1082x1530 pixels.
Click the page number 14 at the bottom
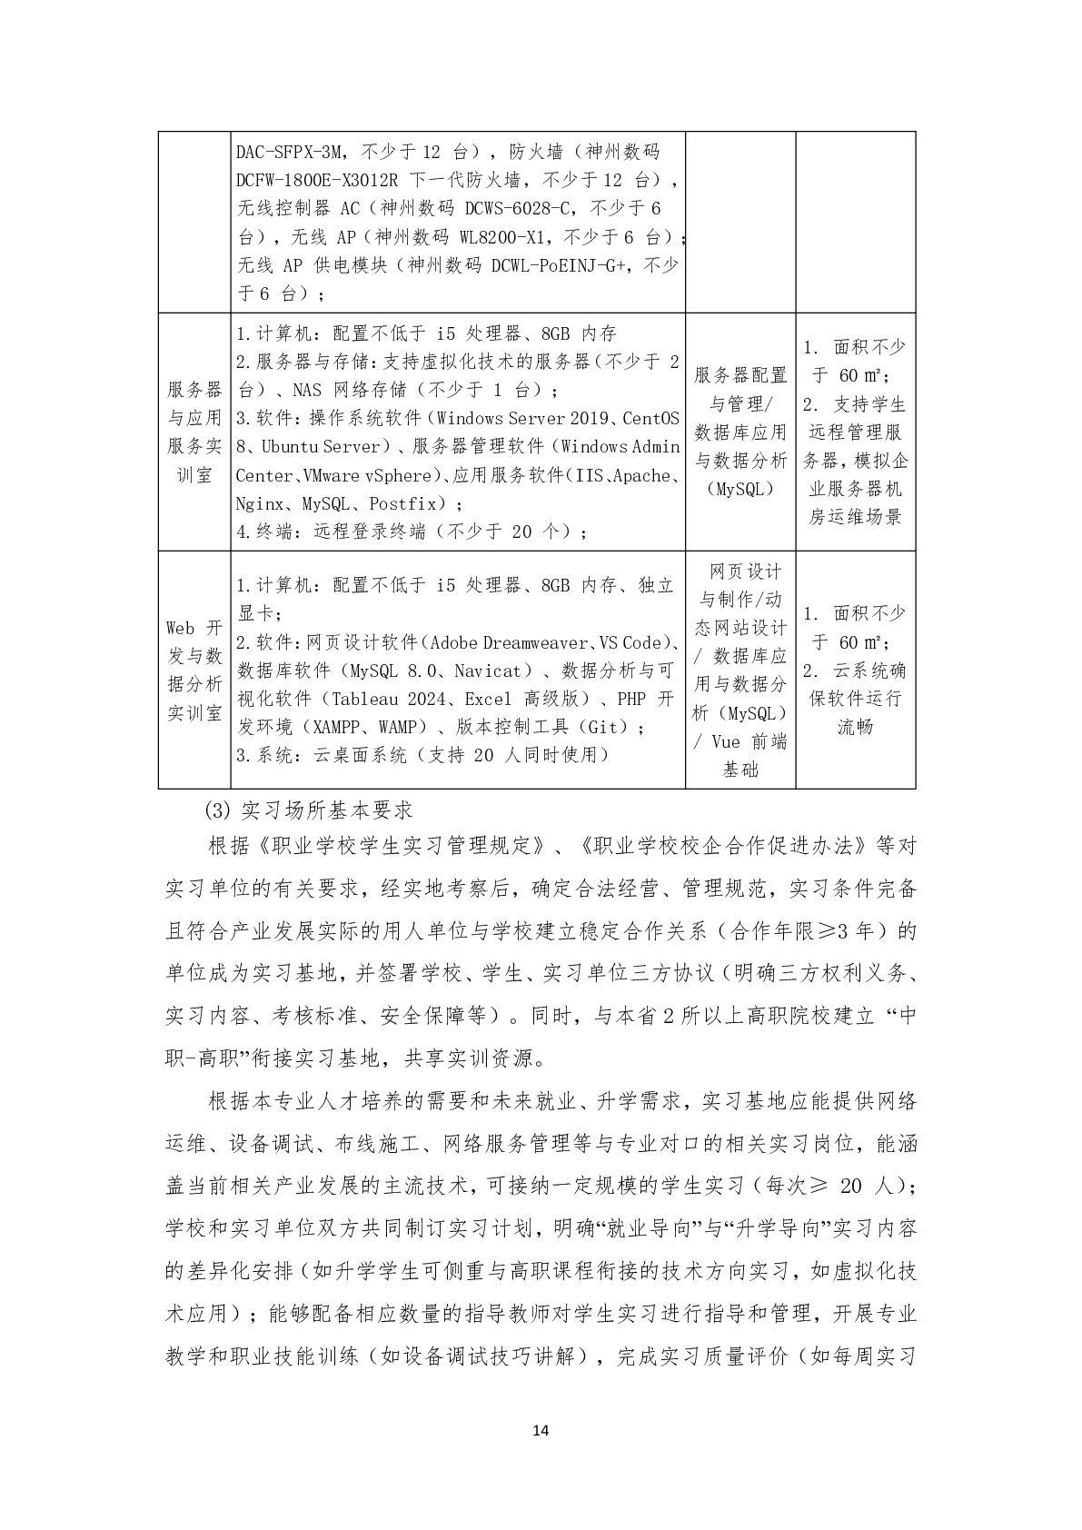(x=541, y=1431)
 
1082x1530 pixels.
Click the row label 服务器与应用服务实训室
(x=194, y=432)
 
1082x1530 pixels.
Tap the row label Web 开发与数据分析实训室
(x=194, y=670)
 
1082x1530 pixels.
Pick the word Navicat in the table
(x=490, y=671)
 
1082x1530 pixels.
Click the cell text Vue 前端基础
(x=740, y=756)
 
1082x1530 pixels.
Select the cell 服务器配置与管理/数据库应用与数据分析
(x=740, y=432)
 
